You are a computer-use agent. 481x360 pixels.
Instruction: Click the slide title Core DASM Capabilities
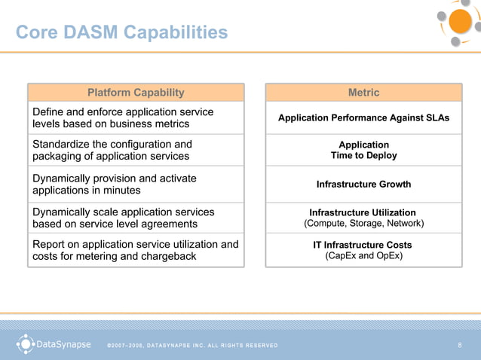(121, 32)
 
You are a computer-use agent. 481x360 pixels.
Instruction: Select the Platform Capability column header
(136, 93)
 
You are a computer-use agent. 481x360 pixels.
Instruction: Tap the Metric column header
(363, 93)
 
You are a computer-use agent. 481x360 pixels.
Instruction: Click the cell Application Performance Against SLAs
(363, 118)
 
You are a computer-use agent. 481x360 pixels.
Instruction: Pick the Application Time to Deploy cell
(363, 150)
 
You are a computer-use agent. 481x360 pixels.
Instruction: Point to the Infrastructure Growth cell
(363, 185)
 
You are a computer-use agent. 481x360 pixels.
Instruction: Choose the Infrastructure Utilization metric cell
(363, 213)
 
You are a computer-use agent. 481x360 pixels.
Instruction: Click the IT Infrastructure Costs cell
(363, 246)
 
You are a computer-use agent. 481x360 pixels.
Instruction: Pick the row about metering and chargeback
(136, 250)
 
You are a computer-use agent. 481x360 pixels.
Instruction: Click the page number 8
(459, 346)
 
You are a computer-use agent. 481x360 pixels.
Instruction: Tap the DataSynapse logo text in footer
(64, 345)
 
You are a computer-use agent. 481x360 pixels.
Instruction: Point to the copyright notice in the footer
(192, 346)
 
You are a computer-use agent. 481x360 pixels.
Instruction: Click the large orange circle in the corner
(459, 21)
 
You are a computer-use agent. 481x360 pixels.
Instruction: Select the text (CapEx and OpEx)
(363, 256)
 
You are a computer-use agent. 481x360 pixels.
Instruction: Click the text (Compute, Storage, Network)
(363, 224)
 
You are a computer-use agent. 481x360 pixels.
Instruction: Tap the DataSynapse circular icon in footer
(26, 344)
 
